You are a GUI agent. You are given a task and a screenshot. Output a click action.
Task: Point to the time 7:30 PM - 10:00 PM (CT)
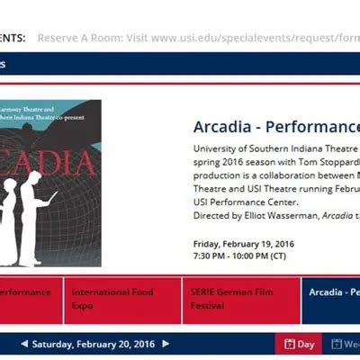[239, 256]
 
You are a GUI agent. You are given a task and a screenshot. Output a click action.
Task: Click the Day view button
[300, 344]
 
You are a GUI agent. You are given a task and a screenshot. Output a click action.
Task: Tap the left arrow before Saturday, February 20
[23, 344]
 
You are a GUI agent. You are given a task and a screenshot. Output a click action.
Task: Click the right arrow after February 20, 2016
[166, 344]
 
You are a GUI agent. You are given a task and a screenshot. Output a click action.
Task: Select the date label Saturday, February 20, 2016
[94, 344]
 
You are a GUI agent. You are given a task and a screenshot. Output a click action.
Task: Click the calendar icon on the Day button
[290, 344]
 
